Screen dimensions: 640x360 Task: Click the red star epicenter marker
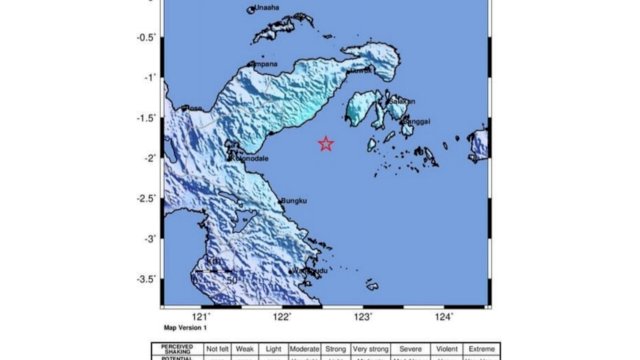(326, 144)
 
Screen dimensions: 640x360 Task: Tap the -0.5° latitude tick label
(146, 37)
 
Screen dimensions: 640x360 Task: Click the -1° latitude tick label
(150, 77)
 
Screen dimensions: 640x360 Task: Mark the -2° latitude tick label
(150, 158)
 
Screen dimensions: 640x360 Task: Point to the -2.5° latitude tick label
(146, 198)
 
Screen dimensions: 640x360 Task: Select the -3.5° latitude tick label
(146, 279)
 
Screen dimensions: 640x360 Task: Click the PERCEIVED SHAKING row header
(178, 348)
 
